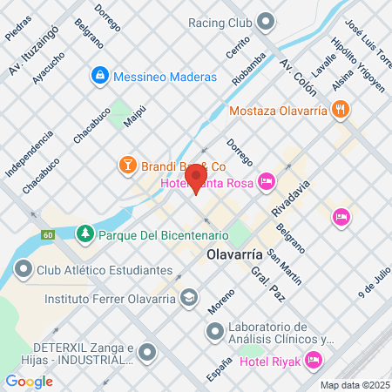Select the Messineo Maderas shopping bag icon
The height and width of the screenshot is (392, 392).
point(101,77)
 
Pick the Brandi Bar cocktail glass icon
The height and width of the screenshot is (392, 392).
point(127,165)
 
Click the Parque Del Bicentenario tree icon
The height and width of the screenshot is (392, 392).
point(84,234)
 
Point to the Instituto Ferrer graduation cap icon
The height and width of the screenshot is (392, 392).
point(188,297)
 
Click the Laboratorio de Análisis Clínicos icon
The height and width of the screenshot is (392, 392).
point(214,331)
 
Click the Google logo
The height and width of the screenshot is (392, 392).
point(29,381)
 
